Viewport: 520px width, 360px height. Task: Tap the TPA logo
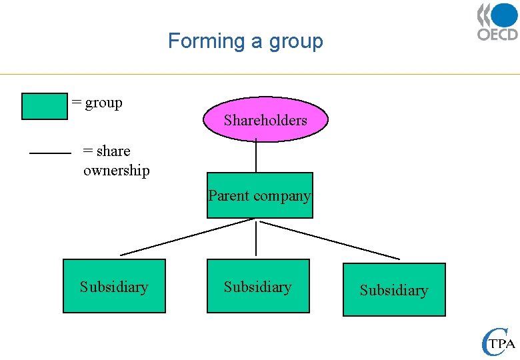tap(498, 342)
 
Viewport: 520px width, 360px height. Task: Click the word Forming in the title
tap(207, 41)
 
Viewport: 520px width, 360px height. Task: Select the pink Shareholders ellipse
tap(265, 120)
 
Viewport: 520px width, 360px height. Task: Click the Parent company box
tap(259, 195)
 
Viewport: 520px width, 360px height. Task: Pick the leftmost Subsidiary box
tap(114, 287)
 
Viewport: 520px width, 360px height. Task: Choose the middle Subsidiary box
tap(258, 287)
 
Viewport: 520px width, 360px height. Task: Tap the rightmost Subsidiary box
tap(394, 290)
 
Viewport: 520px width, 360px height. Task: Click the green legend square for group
tap(44, 106)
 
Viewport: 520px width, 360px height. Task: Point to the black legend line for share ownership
tap(50, 153)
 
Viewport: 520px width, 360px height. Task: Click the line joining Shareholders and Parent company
tap(256, 157)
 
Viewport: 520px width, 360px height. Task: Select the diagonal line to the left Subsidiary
tap(187, 237)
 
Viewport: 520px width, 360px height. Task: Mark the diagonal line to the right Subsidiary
tap(330, 240)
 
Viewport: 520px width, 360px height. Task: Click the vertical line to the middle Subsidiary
tap(256, 238)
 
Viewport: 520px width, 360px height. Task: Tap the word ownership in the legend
tap(117, 171)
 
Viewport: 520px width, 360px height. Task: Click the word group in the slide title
tap(296, 41)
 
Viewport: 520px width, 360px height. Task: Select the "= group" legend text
tap(97, 103)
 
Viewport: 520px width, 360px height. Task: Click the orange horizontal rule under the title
tap(260, 74)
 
